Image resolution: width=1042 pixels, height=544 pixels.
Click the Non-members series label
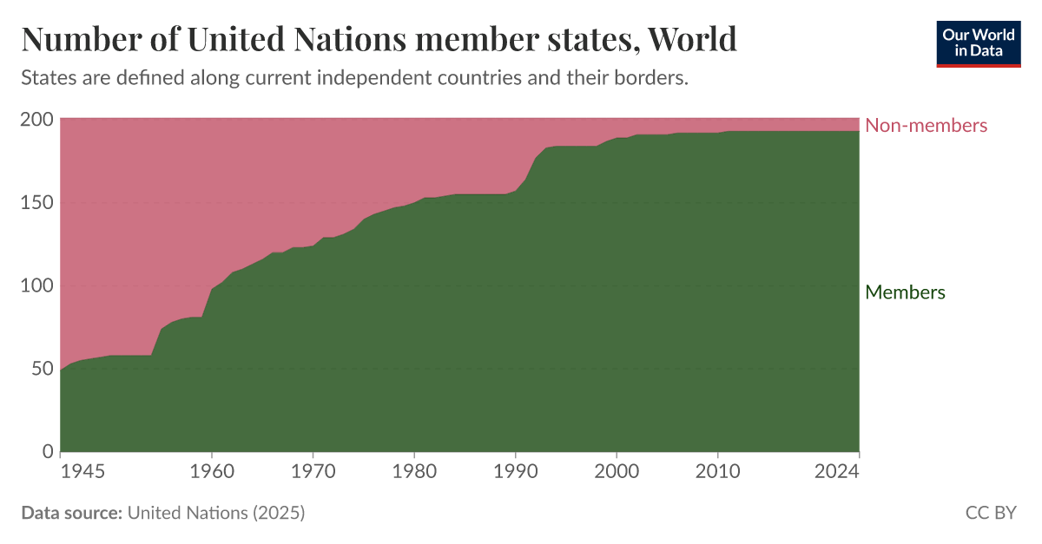tap(926, 126)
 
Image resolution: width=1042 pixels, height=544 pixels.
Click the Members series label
tap(905, 292)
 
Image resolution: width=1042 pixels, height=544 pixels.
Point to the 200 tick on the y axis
tap(36, 120)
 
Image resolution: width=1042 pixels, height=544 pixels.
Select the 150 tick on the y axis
tap(36, 203)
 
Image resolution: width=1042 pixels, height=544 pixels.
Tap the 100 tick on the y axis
tap(36, 285)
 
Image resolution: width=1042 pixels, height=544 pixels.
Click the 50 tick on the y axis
tap(42, 369)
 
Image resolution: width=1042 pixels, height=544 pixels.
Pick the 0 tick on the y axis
tap(47, 452)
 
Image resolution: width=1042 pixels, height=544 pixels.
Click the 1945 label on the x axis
tap(83, 472)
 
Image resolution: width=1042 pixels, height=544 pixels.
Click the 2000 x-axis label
tap(617, 472)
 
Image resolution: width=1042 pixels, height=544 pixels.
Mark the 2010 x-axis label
tap(717, 472)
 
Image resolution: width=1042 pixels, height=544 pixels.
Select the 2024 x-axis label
tap(836, 472)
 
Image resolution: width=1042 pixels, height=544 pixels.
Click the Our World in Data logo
tap(978, 43)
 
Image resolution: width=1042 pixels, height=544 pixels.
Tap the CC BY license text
tap(990, 513)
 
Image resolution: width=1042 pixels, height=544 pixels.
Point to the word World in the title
tap(692, 39)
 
